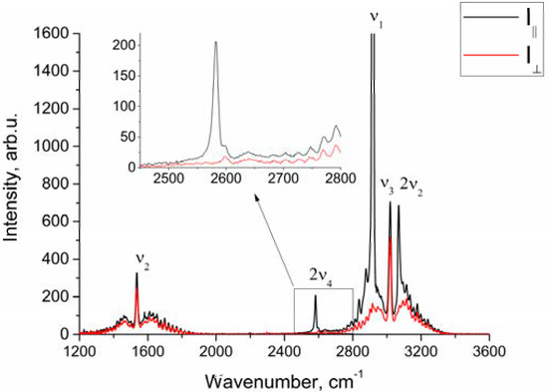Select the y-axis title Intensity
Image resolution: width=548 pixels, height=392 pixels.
pyautogui.click(x=14, y=186)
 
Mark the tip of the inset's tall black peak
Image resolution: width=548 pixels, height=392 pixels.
pyautogui.click(x=216, y=42)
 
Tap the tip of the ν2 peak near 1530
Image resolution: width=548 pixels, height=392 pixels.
pyautogui.click(x=137, y=273)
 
